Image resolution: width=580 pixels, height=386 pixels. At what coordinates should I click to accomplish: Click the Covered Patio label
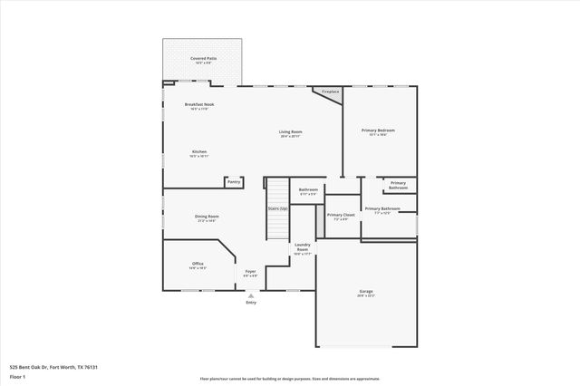(x=203, y=58)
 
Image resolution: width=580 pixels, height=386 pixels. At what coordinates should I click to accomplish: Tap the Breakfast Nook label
(x=199, y=105)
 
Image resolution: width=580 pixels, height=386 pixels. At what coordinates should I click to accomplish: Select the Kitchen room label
(x=199, y=152)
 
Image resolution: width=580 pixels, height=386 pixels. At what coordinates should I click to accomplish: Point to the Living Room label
(x=290, y=132)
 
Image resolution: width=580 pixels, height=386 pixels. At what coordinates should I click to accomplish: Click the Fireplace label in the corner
(x=330, y=92)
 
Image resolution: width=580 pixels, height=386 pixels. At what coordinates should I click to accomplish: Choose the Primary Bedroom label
(x=379, y=130)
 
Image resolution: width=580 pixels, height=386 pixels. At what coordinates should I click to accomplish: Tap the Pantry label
(x=234, y=182)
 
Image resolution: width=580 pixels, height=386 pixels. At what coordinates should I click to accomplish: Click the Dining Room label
(x=208, y=217)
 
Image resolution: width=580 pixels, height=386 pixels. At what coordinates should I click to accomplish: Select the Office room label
(x=197, y=265)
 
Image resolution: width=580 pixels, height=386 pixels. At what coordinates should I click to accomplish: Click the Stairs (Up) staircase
(x=276, y=209)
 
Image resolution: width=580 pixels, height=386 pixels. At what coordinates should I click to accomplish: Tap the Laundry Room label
(x=303, y=247)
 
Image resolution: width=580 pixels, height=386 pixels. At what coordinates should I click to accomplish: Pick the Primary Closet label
(x=341, y=216)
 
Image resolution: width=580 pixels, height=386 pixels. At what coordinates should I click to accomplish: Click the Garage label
(x=366, y=292)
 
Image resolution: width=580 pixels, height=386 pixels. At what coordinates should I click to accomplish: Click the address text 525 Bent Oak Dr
(x=53, y=367)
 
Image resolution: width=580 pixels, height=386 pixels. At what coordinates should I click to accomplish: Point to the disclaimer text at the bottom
(x=290, y=378)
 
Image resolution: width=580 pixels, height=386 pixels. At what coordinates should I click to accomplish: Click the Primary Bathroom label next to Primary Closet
(x=383, y=210)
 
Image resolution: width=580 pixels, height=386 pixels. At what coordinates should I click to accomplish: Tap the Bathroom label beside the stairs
(x=308, y=190)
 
